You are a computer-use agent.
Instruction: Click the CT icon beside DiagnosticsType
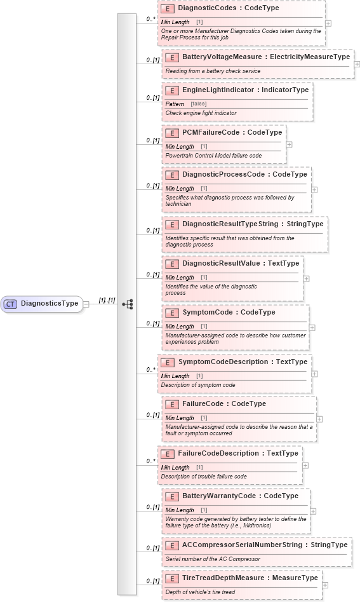click(10, 304)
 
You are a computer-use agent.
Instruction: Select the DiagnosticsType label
click(50, 304)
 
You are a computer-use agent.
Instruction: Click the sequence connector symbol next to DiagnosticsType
click(128, 304)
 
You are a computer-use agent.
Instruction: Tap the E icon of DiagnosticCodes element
click(168, 9)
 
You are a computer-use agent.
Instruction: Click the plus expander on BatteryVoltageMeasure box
click(357, 64)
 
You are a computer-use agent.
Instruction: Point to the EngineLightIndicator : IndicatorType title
click(245, 90)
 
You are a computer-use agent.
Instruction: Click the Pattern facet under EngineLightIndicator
click(175, 104)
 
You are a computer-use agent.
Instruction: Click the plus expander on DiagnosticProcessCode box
click(314, 189)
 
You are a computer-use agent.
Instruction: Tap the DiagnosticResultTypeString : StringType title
click(253, 224)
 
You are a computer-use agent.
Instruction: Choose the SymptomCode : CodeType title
click(229, 313)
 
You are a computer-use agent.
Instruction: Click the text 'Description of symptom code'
click(197, 385)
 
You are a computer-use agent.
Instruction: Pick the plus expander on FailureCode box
click(319, 419)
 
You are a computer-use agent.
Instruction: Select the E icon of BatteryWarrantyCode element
click(171, 496)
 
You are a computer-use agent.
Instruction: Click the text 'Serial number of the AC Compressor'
click(213, 559)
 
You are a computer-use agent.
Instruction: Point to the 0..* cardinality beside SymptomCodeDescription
click(150, 369)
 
